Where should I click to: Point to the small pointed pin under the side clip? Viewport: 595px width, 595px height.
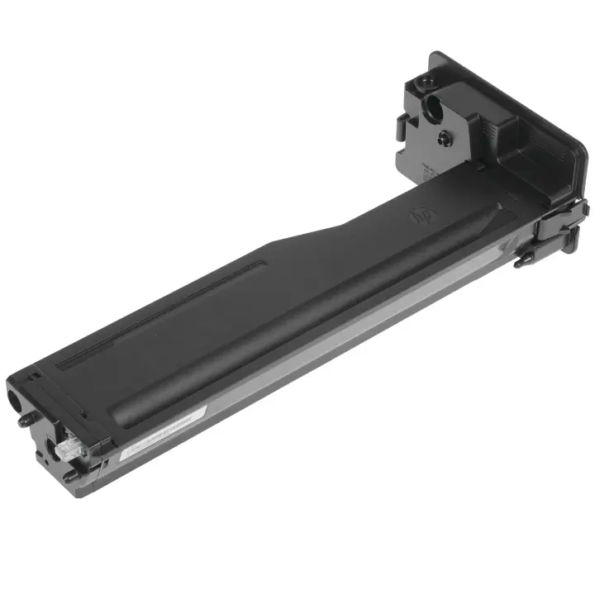[521, 263]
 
